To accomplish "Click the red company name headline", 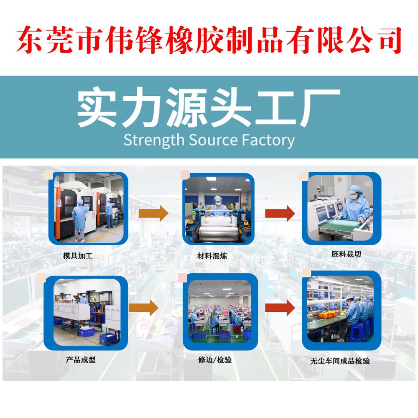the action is point(209,40).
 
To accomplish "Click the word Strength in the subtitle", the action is point(154,140).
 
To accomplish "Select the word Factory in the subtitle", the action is point(268,140).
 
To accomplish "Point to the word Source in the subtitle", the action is point(213,140).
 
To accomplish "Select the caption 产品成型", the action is point(80,359).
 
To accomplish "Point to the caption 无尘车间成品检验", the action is point(340,361).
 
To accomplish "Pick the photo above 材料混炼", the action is point(219,208).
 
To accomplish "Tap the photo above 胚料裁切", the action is point(342,208).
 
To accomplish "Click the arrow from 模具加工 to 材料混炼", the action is point(153,213).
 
